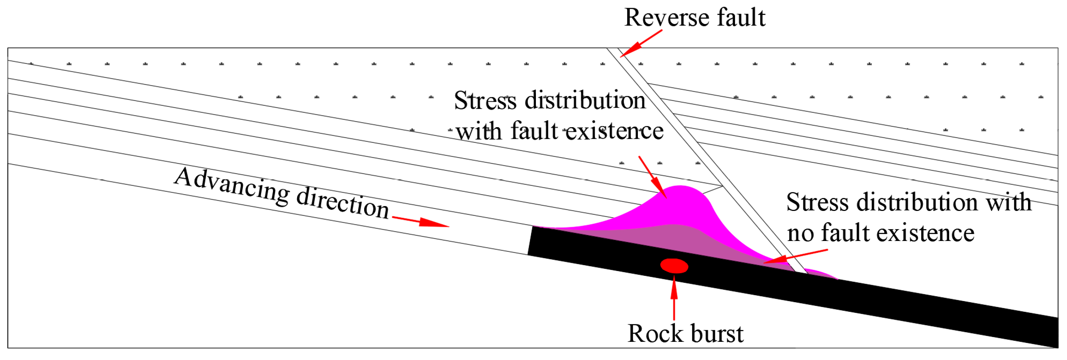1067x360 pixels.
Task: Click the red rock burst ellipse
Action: (x=674, y=266)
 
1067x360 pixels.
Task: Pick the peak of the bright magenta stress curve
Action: (x=680, y=187)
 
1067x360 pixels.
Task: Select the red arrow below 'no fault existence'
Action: (x=795, y=257)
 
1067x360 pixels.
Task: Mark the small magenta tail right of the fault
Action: (x=822, y=274)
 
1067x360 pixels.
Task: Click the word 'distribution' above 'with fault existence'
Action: (x=585, y=101)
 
